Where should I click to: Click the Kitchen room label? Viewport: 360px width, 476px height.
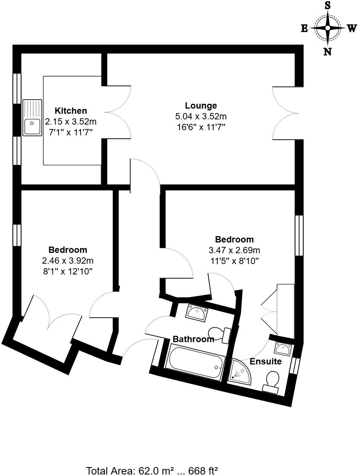pos(71,111)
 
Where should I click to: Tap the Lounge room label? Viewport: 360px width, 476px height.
pos(201,106)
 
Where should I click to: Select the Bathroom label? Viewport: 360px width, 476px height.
pos(193,339)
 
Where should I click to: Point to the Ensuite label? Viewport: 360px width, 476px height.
pos(266,361)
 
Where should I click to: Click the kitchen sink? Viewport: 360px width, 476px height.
pos(32,118)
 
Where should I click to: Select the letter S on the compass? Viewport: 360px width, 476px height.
pos(328,5)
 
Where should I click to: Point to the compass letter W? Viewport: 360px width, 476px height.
pos(352,29)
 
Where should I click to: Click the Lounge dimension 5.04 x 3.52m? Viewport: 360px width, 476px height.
pos(201,116)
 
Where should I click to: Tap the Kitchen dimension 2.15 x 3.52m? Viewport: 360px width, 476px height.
pos(71,122)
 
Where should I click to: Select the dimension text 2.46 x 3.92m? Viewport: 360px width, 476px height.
pos(68,261)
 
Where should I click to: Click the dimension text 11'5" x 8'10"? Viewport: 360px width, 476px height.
pos(234,261)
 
